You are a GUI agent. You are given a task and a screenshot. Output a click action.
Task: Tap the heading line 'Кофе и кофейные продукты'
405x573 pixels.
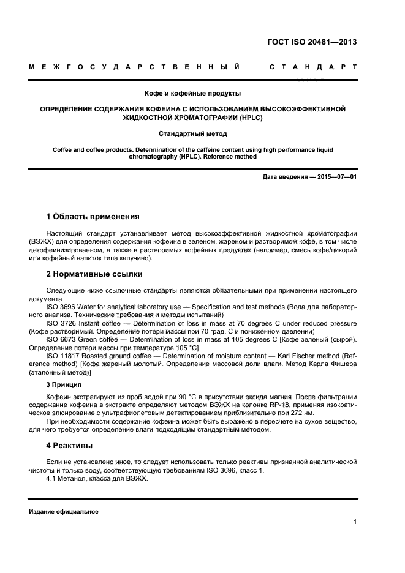(192, 94)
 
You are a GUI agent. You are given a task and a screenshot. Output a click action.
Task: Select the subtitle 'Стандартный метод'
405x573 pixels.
(192, 133)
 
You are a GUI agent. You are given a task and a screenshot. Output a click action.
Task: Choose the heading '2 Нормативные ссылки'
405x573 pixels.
(94, 274)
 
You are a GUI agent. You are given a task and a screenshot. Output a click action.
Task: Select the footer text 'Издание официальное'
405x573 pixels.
(63, 512)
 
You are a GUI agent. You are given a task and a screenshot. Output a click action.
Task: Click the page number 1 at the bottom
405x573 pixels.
(355, 522)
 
